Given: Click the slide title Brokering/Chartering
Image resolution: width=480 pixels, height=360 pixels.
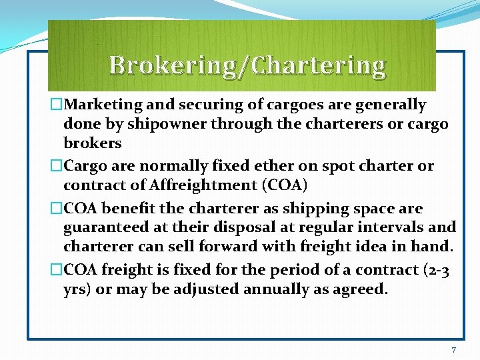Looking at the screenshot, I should click(247, 65).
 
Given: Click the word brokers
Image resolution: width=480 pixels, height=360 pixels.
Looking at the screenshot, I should click(93, 143).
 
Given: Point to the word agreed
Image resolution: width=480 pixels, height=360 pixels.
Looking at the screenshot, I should click(363, 289).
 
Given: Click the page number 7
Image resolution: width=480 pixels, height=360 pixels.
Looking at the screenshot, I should click(453, 350).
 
